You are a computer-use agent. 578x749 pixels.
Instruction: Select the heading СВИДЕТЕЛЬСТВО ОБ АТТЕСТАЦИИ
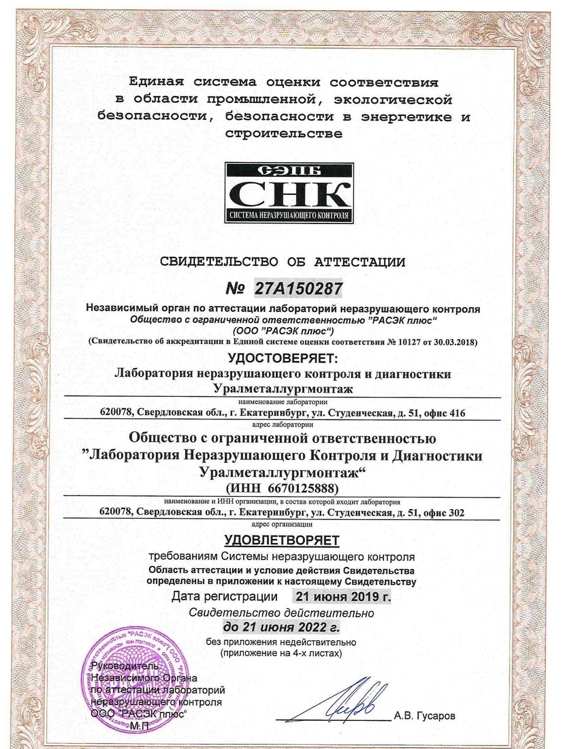(x=282, y=262)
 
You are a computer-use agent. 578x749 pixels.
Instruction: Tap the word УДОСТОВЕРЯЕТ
(x=283, y=358)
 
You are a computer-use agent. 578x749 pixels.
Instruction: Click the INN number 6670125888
(x=305, y=488)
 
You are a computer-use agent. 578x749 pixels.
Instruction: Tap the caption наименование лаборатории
(x=283, y=403)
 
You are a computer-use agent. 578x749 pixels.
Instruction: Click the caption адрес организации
(x=282, y=523)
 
